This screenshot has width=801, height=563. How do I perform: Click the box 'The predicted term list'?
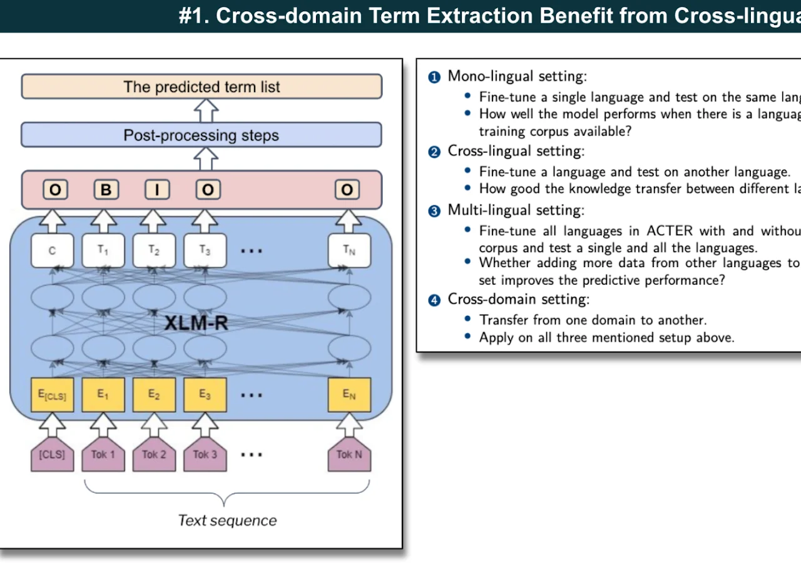(202, 86)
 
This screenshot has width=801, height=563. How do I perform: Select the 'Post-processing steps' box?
(201, 135)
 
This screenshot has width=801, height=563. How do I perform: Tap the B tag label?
(106, 190)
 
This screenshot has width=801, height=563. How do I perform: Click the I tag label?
(157, 190)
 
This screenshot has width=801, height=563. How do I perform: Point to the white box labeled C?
(52, 250)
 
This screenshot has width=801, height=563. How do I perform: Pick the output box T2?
(154, 250)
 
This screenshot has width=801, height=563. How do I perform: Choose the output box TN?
(349, 250)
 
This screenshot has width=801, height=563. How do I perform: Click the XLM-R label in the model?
(196, 323)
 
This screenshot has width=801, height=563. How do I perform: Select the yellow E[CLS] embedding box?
(52, 395)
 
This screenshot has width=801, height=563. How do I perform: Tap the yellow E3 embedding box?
(205, 395)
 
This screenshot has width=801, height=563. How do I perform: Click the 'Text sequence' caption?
(227, 520)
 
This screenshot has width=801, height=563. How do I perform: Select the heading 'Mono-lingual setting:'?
(517, 76)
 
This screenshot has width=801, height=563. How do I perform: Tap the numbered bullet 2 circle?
(434, 152)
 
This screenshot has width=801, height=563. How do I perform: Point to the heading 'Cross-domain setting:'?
(518, 299)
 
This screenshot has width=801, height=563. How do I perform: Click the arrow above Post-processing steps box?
(206, 111)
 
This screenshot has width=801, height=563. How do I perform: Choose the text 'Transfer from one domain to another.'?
(593, 320)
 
